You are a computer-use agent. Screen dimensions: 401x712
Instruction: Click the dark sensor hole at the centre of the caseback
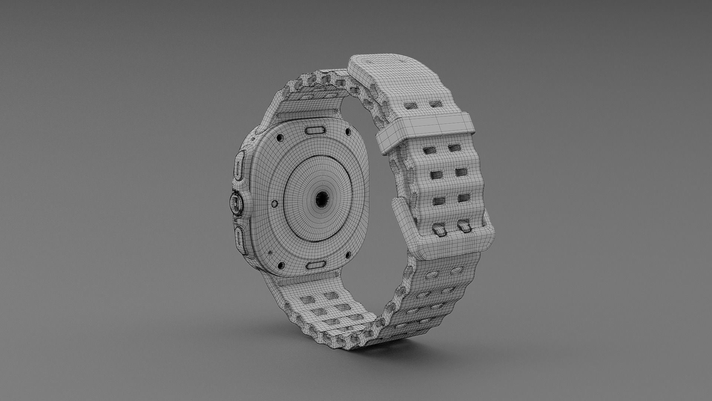coord(321,199)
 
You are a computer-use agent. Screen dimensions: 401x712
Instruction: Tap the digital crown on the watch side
coord(236,203)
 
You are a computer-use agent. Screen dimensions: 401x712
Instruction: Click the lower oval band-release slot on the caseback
coord(316,265)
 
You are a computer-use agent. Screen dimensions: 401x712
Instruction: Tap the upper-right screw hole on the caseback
coord(347,132)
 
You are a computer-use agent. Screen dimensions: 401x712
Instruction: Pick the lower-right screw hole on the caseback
coord(348,255)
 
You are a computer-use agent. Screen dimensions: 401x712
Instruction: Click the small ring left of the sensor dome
coord(274,203)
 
